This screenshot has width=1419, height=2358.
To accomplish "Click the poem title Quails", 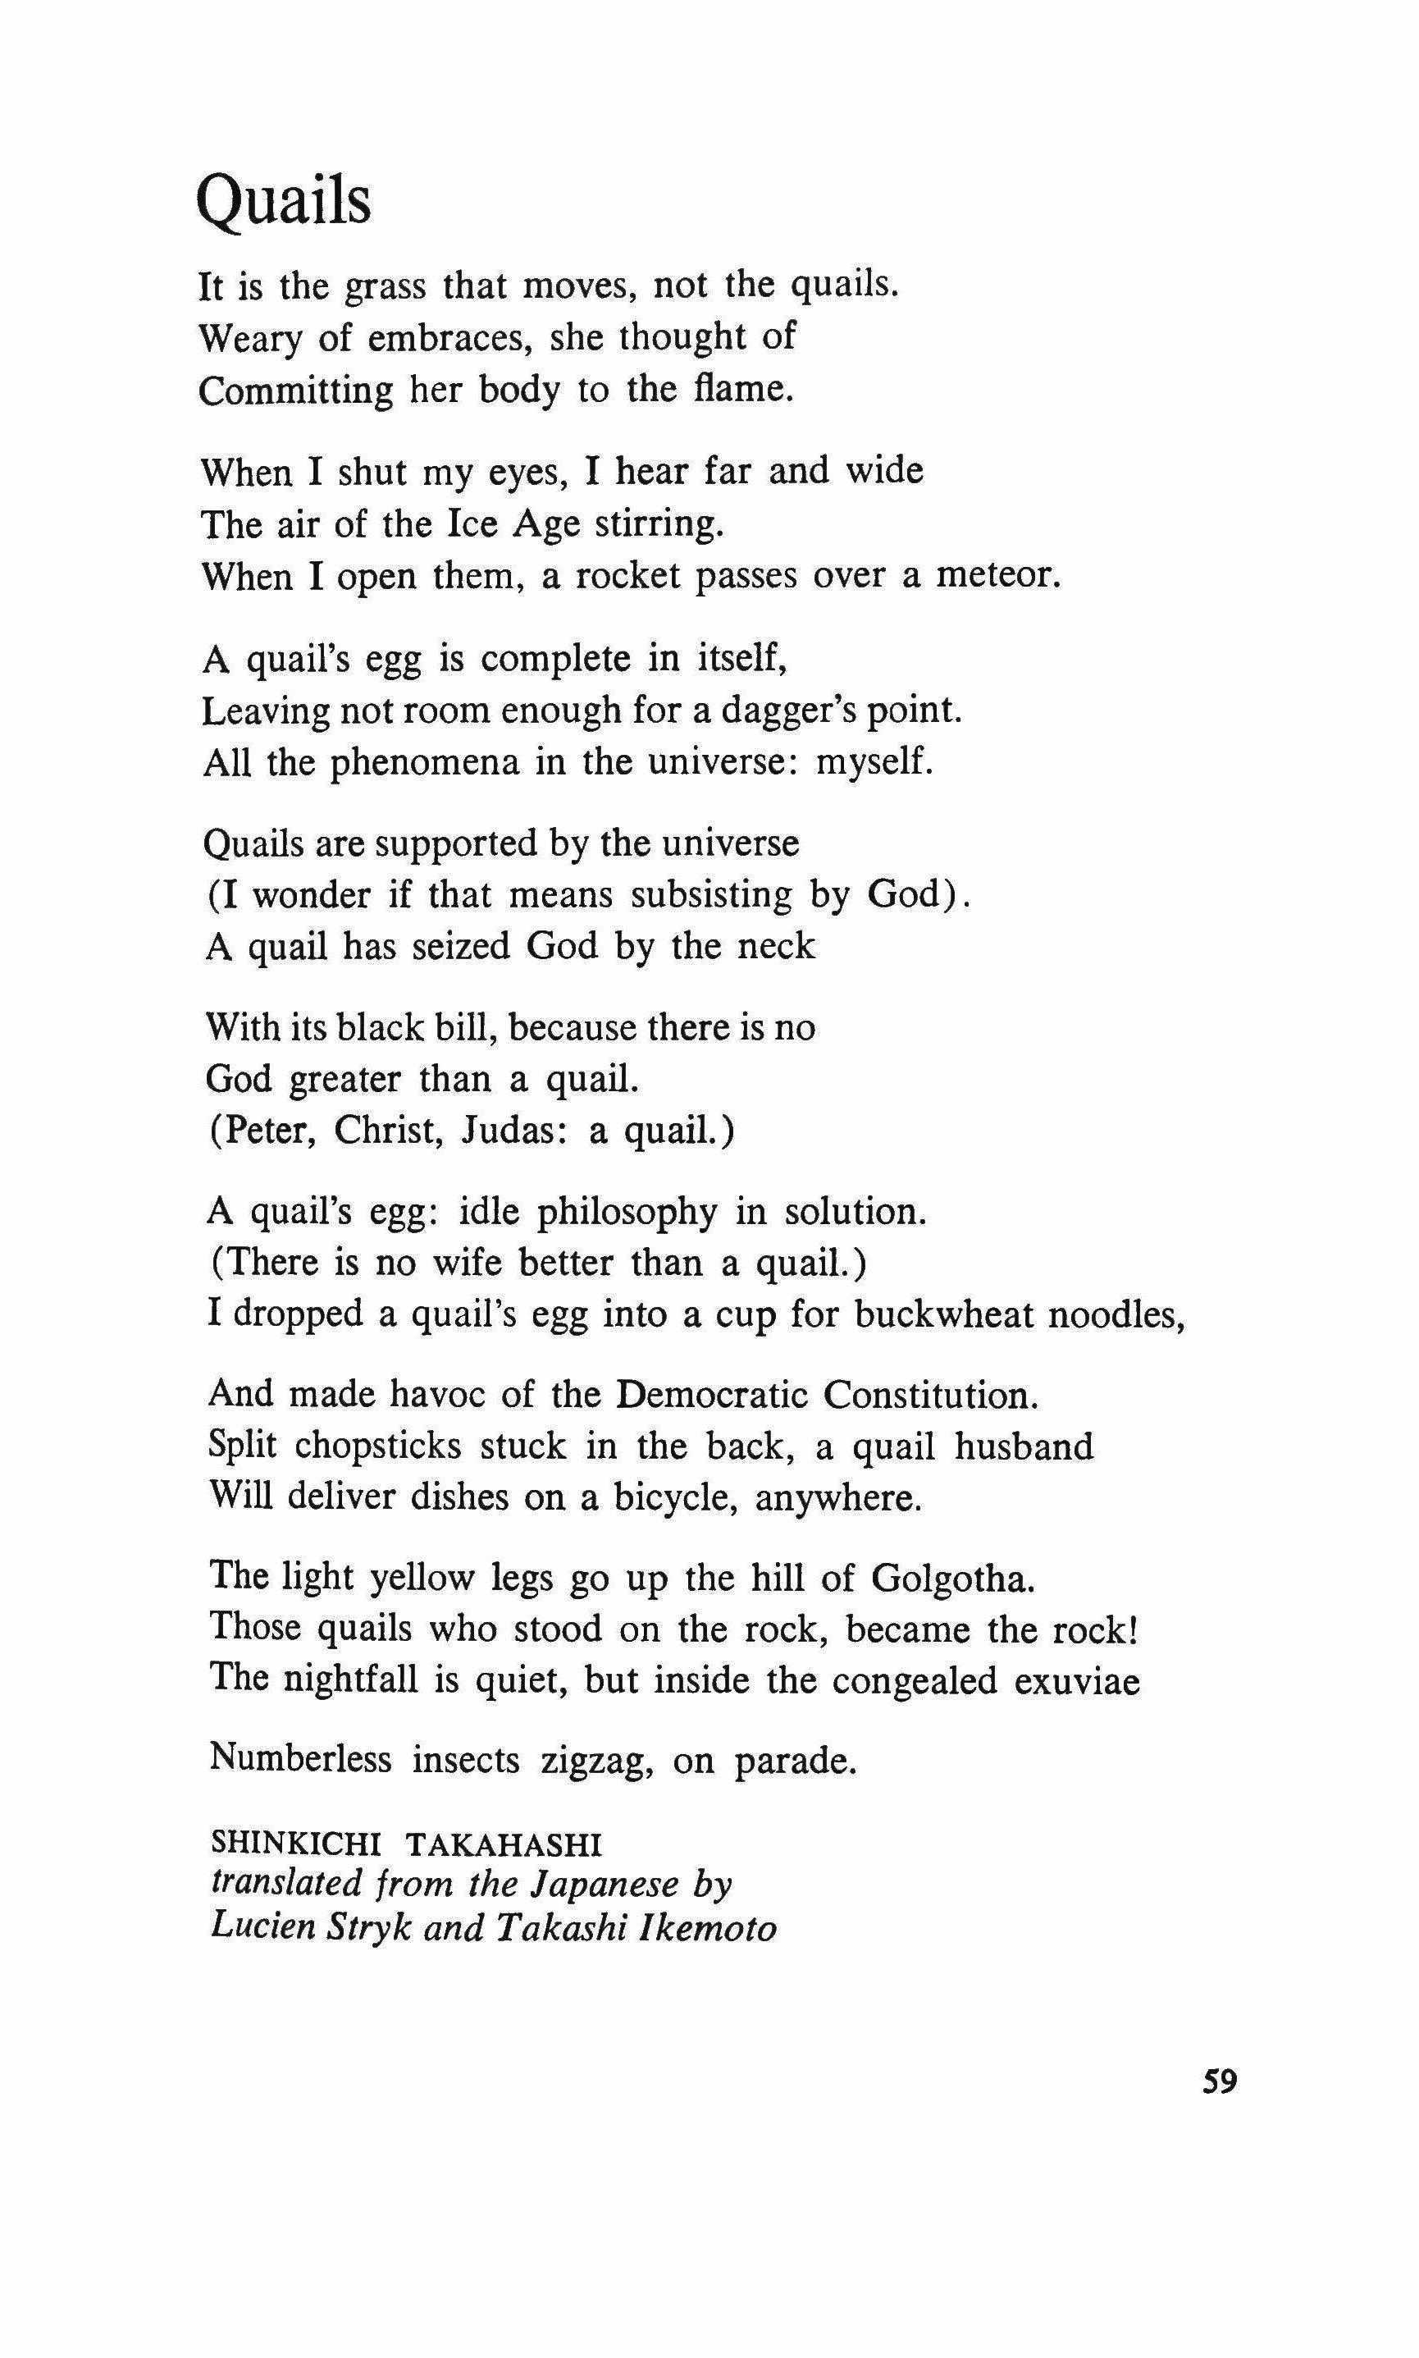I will [x=283, y=202].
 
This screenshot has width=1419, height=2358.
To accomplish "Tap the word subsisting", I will [x=709, y=895].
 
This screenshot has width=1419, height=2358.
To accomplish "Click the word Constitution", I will [x=930, y=1395].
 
